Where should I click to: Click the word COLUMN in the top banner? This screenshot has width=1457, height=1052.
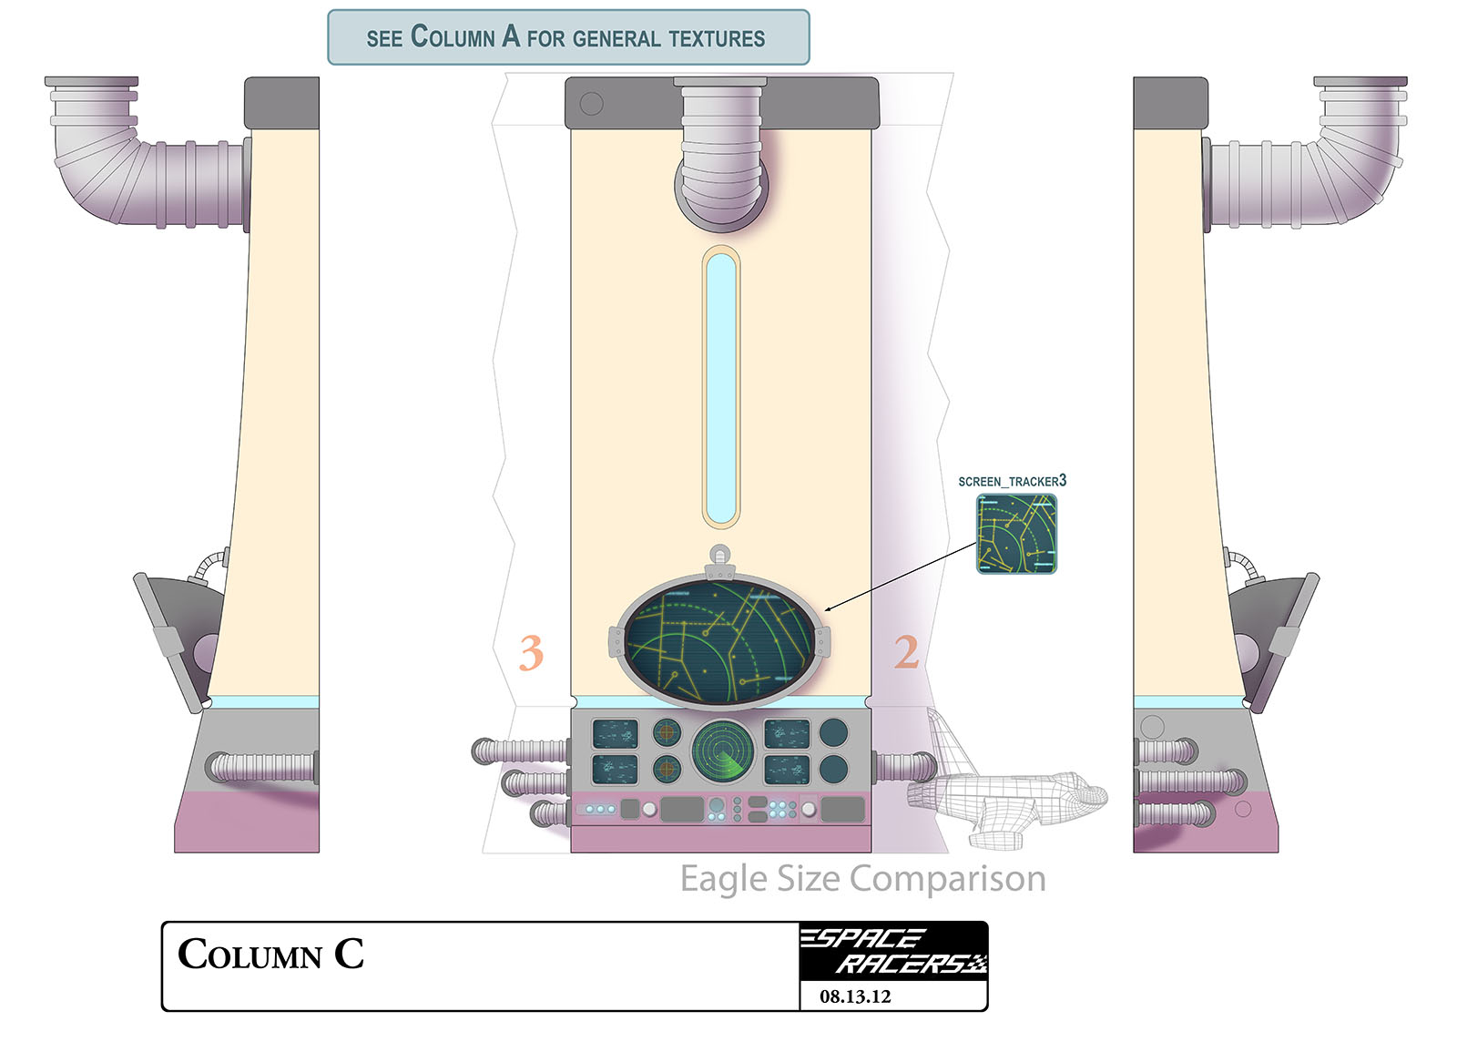coord(453,37)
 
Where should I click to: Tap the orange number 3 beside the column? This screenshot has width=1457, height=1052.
coord(531,652)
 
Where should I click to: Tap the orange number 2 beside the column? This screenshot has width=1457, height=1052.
coord(905,652)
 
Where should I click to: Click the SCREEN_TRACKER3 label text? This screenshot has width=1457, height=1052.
coord(1011,481)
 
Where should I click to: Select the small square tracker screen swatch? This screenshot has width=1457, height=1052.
coord(1016,534)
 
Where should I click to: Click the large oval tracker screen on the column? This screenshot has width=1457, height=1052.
coord(719,643)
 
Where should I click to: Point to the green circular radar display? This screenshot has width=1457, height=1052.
coord(722,752)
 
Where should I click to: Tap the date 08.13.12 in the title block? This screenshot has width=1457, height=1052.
coord(854,996)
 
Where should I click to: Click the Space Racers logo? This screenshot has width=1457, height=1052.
coord(892,951)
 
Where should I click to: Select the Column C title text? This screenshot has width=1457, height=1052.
coord(270,955)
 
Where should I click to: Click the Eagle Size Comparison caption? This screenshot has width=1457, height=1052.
coord(862,879)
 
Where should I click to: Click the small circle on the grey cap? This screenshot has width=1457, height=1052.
coord(591,103)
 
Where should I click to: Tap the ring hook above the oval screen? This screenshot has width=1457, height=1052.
coord(719,553)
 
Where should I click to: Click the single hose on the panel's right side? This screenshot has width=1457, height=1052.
coord(904,767)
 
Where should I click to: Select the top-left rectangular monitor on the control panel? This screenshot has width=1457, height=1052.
coord(614,733)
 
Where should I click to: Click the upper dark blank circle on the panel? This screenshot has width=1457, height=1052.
coord(833,732)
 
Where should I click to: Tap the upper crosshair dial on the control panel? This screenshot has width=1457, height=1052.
coord(667,731)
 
